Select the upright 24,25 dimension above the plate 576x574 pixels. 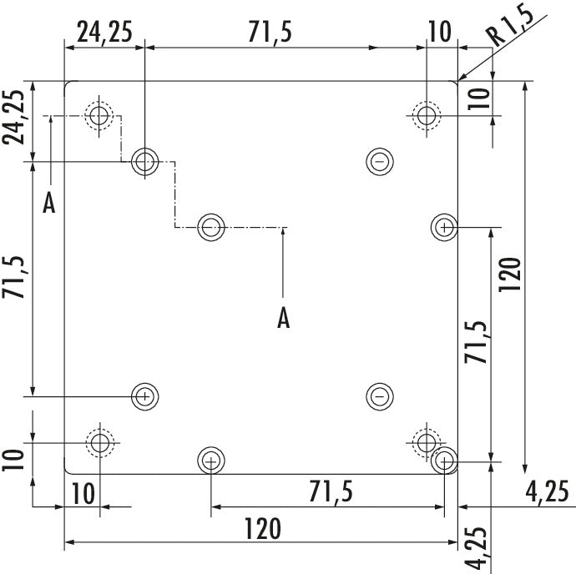[104, 32]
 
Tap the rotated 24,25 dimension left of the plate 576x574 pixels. [13, 117]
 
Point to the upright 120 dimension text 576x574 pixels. [263, 528]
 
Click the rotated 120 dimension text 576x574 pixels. [510, 274]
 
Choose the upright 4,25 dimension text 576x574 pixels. [547, 491]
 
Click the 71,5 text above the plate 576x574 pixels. [270, 32]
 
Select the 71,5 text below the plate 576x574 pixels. [331, 491]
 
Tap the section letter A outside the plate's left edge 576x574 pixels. [49, 204]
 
